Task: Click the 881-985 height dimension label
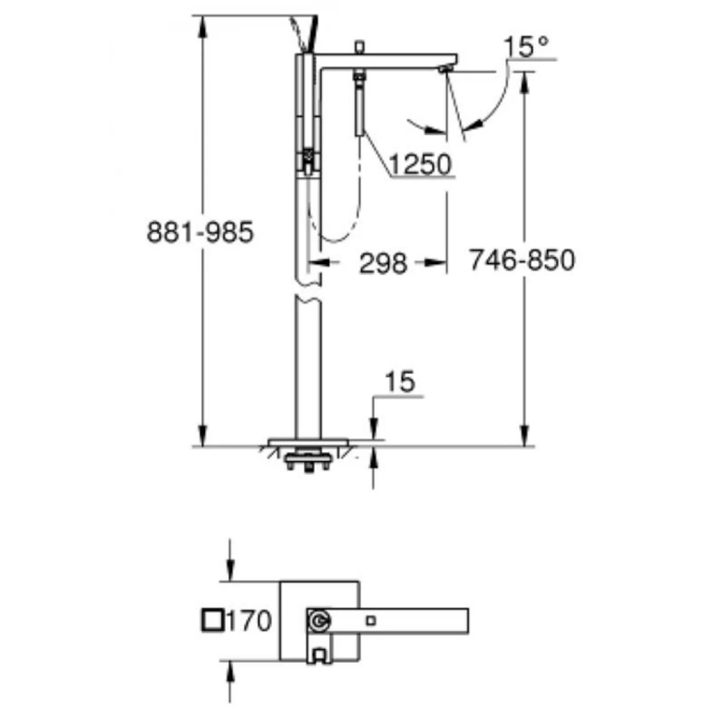199,232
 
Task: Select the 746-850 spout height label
522,261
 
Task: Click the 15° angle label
525,47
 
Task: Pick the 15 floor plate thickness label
399,383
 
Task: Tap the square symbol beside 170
212,621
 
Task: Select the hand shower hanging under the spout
358,104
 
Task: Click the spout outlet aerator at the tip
446,69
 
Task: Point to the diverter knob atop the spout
358,47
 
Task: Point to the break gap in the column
308,291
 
